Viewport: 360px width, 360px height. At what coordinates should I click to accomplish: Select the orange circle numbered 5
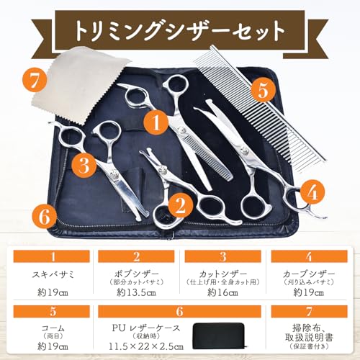coord(264,91)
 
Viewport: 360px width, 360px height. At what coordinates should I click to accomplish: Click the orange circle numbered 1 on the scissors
coord(154,122)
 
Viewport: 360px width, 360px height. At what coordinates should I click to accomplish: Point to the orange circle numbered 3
coord(84,166)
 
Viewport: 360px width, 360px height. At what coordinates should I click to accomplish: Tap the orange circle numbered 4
coord(310,192)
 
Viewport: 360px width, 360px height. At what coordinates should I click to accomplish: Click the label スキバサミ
coord(50,275)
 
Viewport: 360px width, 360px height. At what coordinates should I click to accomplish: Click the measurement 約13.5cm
coord(137,292)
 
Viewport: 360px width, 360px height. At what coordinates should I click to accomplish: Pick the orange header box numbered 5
coord(50,312)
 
